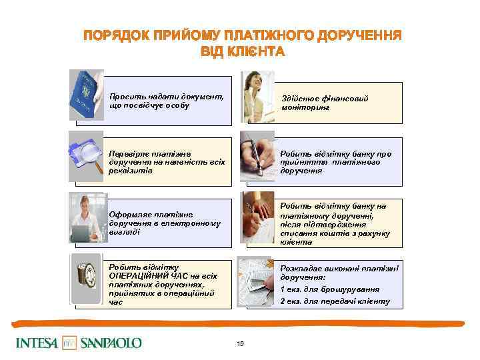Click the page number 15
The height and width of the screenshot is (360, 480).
(x=240, y=343)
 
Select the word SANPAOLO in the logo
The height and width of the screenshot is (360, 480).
(x=111, y=343)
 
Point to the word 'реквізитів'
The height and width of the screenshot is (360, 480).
(x=130, y=171)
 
